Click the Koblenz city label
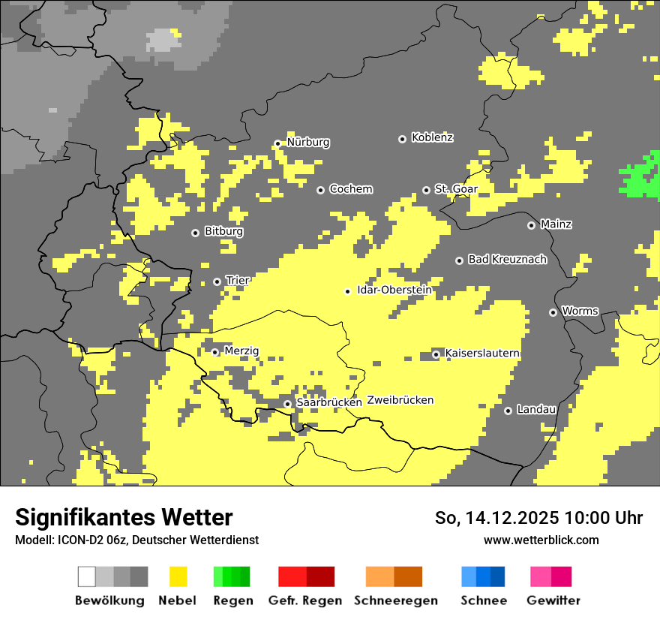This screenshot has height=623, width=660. pyautogui.click(x=432, y=138)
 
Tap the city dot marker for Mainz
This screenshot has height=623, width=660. pyautogui.click(x=531, y=225)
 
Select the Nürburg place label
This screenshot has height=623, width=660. pyautogui.click(x=307, y=143)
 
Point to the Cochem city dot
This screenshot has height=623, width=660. pyautogui.click(x=320, y=190)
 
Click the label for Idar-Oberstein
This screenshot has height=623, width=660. pyautogui.click(x=394, y=290)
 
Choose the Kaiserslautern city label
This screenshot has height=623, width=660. pyautogui.click(x=482, y=354)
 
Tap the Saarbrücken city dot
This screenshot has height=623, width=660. pyautogui.click(x=287, y=404)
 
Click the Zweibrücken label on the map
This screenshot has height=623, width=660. pyautogui.click(x=400, y=400)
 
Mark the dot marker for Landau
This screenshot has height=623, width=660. pyautogui.click(x=508, y=411)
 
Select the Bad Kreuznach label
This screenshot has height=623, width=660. pyautogui.click(x=507, y=260)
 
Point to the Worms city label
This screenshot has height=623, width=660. pyautogui.click(x=580, y=311)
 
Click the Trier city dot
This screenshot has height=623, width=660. pyautogui.click(x=217, y=281)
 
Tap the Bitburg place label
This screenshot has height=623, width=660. pyautogui.click(x=223, y=232)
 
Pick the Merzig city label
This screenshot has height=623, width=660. pyautogui.click(x=241, y=351)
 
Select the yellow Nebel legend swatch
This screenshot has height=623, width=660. pyautogui.click(x=178, y=576)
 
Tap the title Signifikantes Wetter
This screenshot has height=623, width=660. pyautogui.click(x=124, y=518)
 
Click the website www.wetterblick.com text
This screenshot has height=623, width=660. pyautogui.click(x=541, y=540)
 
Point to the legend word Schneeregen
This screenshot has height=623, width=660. pyautogui.click(x=395, y=600)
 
